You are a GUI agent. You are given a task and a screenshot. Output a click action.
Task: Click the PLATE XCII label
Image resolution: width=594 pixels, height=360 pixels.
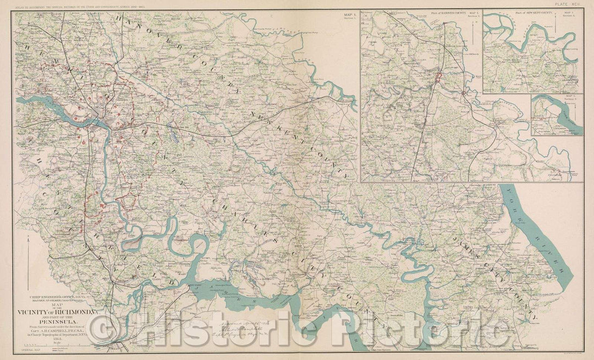pos(571,4)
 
